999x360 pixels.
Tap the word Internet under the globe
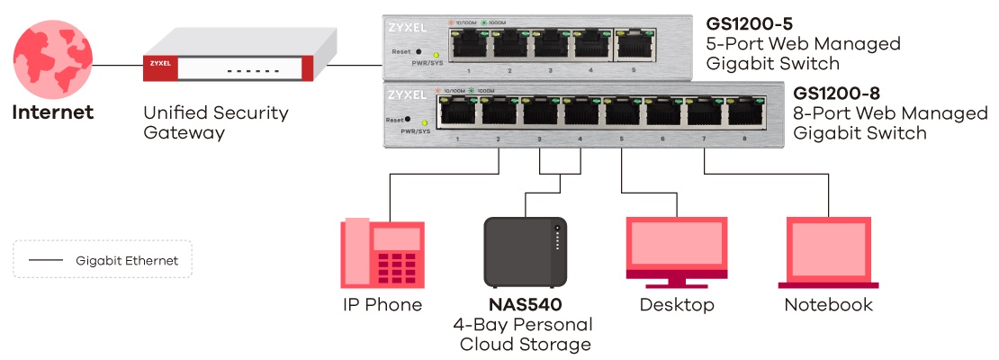coord(52,113)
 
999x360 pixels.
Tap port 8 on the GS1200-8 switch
coord(744,112)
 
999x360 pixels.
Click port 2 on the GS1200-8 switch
coord(498,112)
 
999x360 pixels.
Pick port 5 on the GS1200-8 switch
coord(621,112)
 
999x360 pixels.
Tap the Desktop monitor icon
coord(677,252)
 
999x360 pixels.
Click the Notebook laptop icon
coord(828,253)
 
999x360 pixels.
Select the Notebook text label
coord(828,305)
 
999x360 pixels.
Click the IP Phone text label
coord(382,305)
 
